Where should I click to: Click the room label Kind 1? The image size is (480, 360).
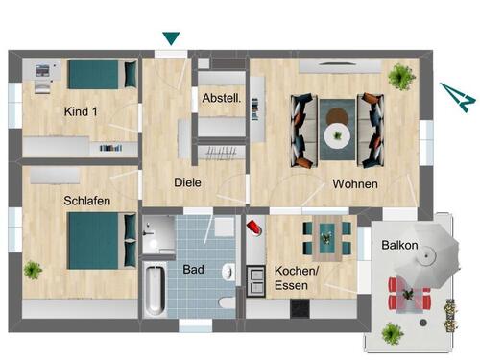(81, 112)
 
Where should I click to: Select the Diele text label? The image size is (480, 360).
(186, 182)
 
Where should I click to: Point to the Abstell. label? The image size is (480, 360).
(222, 98)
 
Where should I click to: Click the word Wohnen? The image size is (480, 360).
(354, 183)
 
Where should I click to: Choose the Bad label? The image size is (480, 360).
(194, 270)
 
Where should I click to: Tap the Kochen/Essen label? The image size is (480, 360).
(294, 277)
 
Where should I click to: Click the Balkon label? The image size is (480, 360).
(398, 245)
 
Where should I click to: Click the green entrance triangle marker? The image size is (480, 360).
(171, 39)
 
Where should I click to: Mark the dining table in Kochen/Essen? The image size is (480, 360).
(325, 236)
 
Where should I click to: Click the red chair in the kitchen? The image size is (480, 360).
(253, 228)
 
